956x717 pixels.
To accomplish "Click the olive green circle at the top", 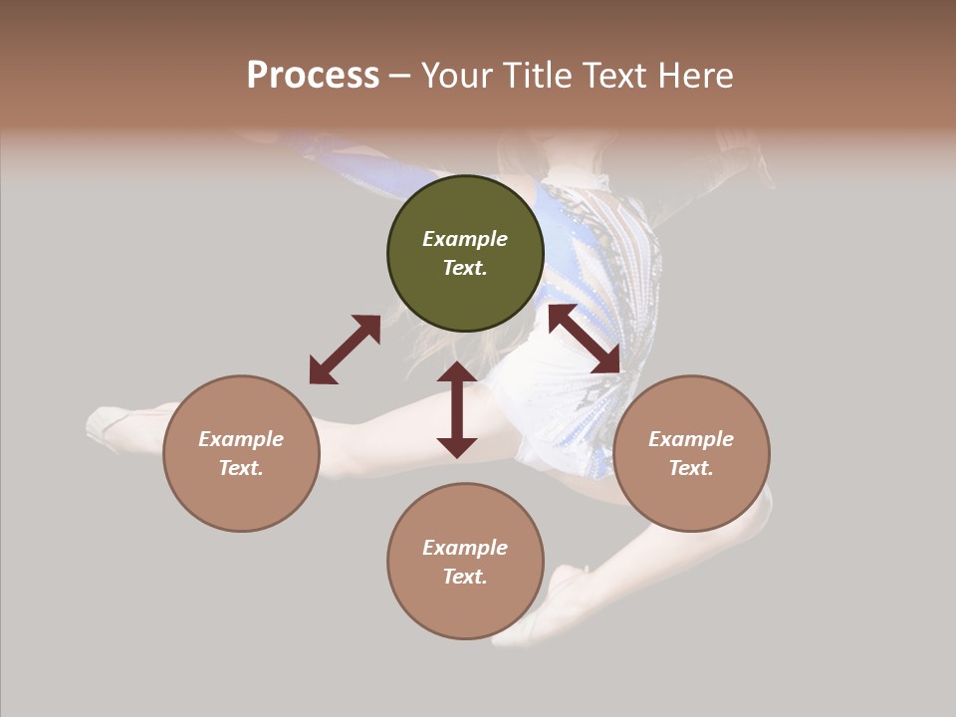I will [465, 254].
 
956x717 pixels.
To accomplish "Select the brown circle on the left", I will [241, 454].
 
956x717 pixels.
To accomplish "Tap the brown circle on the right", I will [691, 454].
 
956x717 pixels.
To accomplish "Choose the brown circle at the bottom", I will [465, 562].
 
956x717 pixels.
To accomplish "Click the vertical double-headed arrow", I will [457, 409].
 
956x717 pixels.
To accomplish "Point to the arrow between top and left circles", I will [345, 350].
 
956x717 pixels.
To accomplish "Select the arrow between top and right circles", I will [585, 339].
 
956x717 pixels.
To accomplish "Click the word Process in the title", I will [313, 75].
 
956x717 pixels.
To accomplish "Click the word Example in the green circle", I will [465, 239].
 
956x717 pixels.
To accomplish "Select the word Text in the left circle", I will [241, 468].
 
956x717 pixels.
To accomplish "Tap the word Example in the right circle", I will [691, 439].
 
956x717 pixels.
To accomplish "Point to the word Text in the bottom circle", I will [465, 577].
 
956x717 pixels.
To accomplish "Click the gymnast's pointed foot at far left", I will [105, 423].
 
